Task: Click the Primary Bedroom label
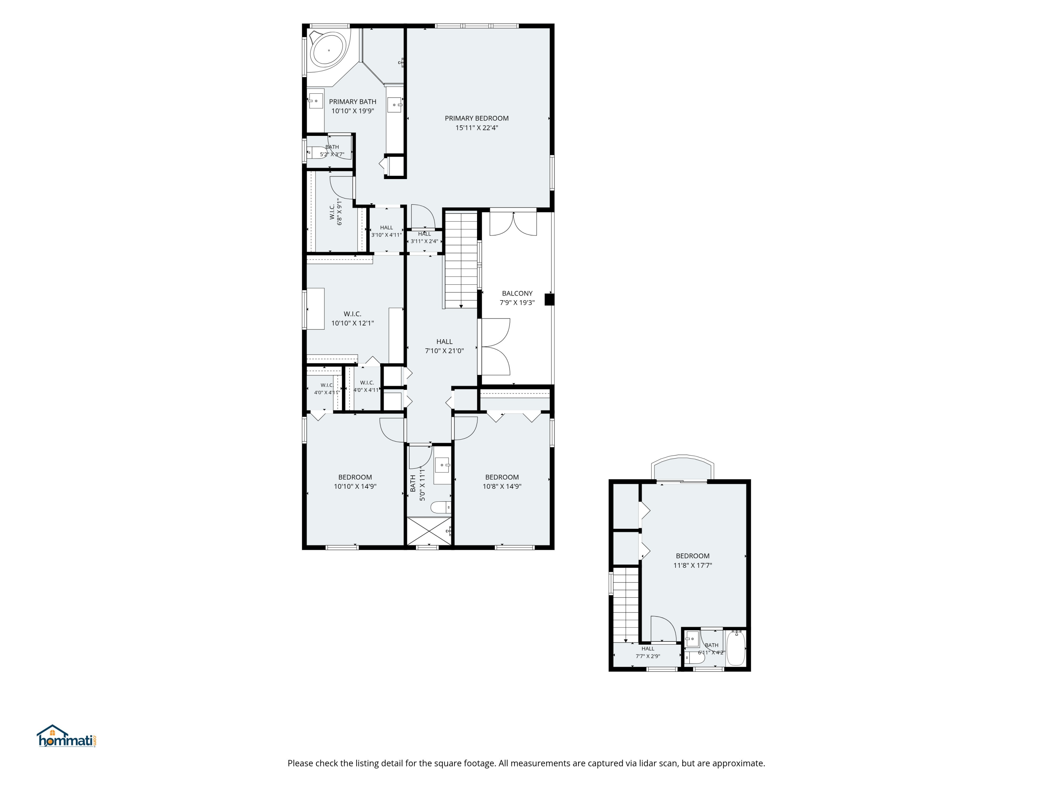[x=477, y=123]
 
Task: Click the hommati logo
[x=67, y=736]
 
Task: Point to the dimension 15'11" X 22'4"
[x=477, y=127]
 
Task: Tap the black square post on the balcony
[x=549, y=299]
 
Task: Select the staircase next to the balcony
[x=461, y=260]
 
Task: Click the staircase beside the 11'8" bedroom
[x=625, y=605]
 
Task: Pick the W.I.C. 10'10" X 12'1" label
[x=352, y=318]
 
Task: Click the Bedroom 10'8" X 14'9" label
[x=502, y=481]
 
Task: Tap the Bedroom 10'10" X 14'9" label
[x=355, y=481]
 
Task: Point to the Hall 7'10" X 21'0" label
[x=444, y=346]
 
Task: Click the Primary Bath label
[x=353, y=106]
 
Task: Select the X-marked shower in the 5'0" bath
[x=429, y=531]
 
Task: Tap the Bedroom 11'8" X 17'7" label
[x=693, y=560]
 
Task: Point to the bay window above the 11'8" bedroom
[x=683, y=468]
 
